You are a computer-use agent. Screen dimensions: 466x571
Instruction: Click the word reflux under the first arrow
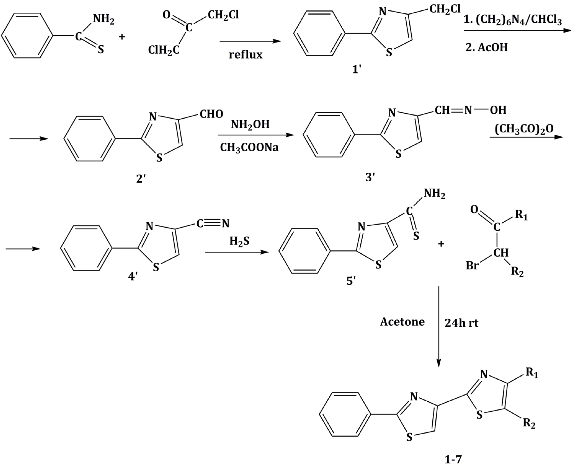[x=245, y=55]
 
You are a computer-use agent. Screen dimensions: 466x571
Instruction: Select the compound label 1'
[x=357, y=70]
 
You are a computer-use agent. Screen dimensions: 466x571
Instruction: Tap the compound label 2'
[x=141, y=179]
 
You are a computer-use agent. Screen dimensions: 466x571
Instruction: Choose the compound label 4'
[x=133, y=276]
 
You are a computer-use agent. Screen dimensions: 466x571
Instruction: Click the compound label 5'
[x=351, y=281]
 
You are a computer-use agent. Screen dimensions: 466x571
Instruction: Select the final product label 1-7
[x=453, y=459]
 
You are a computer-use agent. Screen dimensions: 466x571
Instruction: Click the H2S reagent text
[x=239, y=241]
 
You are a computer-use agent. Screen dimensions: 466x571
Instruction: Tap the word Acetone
[x=402, y=322]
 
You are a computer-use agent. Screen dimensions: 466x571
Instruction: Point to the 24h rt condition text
[x=461, y=323]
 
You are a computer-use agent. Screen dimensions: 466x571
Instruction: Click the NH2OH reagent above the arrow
[x=250, y=124]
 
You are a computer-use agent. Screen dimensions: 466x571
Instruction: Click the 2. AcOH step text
[x=487, y=48]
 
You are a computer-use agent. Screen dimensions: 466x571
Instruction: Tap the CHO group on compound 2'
[x=211, y=114]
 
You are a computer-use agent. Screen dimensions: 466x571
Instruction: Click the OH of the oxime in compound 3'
[x=498, y=110]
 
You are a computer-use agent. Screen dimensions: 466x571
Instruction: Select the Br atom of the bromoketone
[x=472, y=265]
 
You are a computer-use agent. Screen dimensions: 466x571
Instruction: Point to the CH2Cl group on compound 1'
[x=445, y=9]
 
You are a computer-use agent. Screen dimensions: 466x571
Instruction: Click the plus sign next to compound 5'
[x=441, y=244]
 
